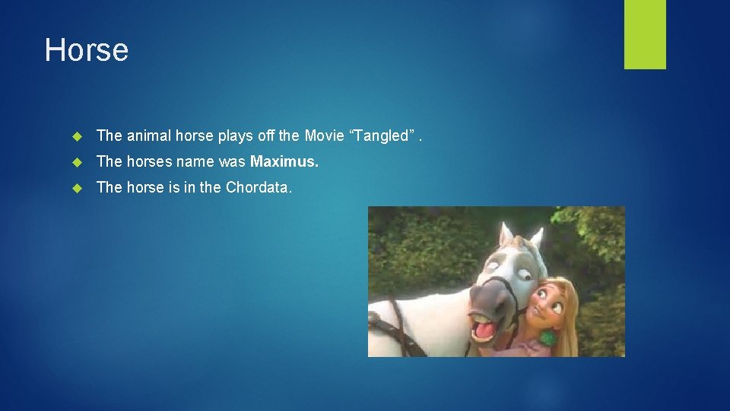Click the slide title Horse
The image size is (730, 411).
pos(87,50)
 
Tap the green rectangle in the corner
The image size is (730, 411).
pos(645,34)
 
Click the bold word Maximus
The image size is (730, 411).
pos(284,161)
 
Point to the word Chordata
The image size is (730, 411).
pos(258,187)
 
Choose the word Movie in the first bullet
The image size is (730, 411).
pos(324,135)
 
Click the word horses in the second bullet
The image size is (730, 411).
pos(150,161)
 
